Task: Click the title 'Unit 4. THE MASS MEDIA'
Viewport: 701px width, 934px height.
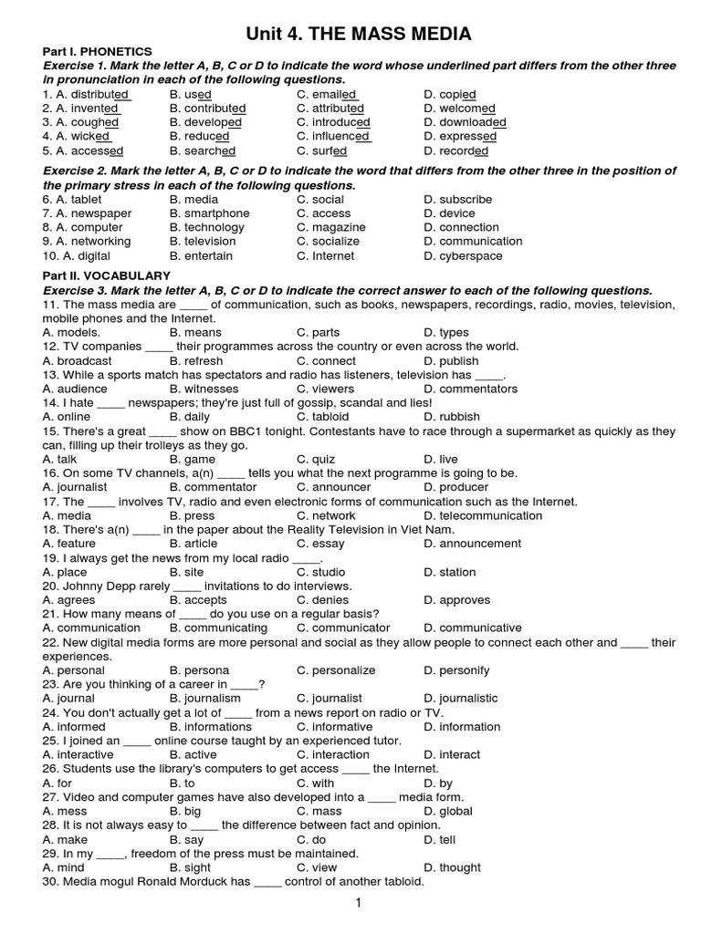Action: click(359, 35)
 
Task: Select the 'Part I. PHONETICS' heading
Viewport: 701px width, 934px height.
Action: click(98, 52)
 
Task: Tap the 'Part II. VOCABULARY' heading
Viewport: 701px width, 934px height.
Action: click(107, 275)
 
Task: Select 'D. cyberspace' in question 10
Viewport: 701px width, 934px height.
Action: click(463, 256)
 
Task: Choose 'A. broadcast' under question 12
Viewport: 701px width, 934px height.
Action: click(78, 361)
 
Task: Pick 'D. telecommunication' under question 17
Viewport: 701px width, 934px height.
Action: click(483, 516)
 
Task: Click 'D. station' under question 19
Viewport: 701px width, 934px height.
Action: click(450, 573)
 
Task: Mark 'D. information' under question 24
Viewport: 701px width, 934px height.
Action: click(462, 727)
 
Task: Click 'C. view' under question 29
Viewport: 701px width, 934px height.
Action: click(317, 868)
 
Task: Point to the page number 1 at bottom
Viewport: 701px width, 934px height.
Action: click(359, 903)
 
